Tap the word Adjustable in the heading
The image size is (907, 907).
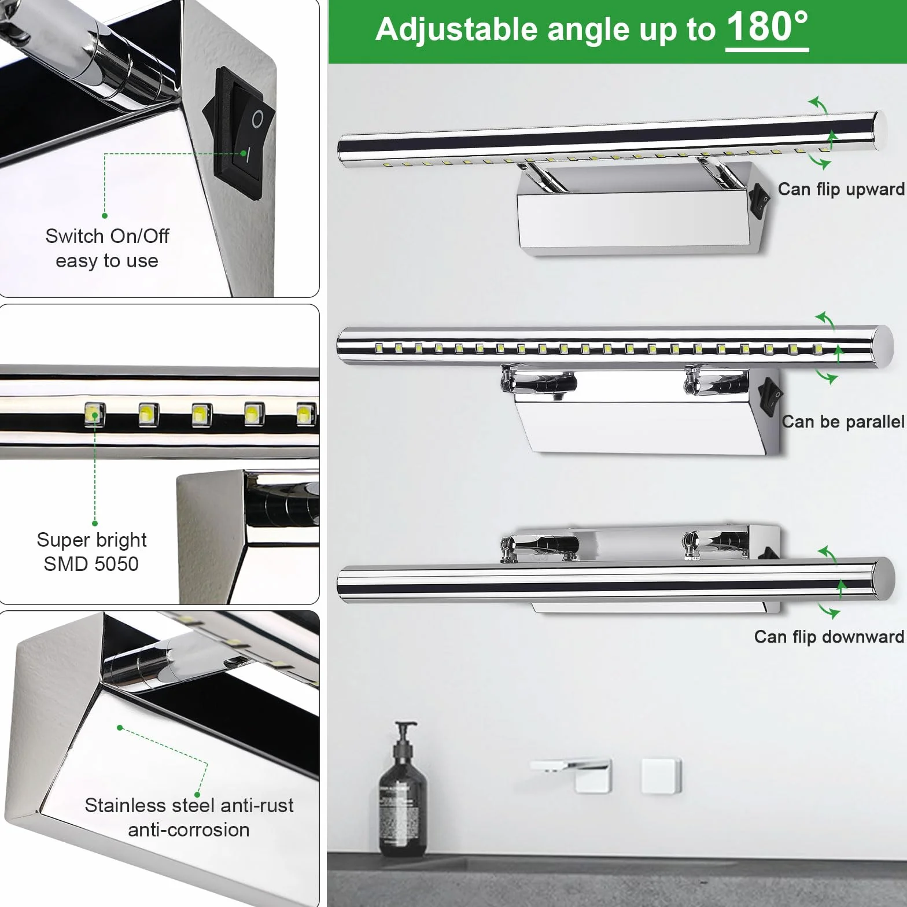(x=456, y=30)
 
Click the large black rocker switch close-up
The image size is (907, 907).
(x=239, y=134)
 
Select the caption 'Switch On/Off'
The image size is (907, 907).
(x=107, y=236)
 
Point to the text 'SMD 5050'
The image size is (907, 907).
(x=91, y=564)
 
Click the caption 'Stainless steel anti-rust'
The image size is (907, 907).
(x=189, y=805)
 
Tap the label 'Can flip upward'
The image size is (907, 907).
(x=841, y=189)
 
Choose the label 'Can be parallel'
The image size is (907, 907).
(x=843, y=422)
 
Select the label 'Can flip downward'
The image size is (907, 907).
(x=829, y=637)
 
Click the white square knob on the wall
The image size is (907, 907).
(x=661, y=776)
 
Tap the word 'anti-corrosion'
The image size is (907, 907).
(x=189, y=830)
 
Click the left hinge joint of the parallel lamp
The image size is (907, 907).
(x=538, y=381)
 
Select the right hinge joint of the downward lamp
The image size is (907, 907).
(x=716, y=544)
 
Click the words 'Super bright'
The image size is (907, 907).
(x=91, y=540)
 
